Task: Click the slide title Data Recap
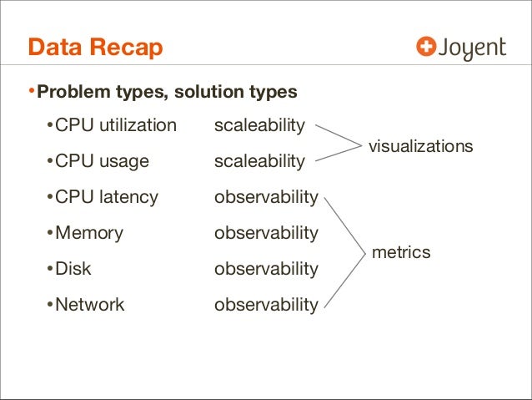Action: (95, 48)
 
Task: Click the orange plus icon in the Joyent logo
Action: (426, 48)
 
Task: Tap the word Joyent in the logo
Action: (473, 49)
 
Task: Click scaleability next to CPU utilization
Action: (259, 126)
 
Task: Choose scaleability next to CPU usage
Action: (259, 161)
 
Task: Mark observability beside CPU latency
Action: (266, 197)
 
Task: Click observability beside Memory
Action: (266, 233)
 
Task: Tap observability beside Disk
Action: (266, 269)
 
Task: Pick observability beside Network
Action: (266, 305)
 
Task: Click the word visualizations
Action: (420, 146)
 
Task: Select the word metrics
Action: (401, 251)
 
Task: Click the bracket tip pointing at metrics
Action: (364, 251)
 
